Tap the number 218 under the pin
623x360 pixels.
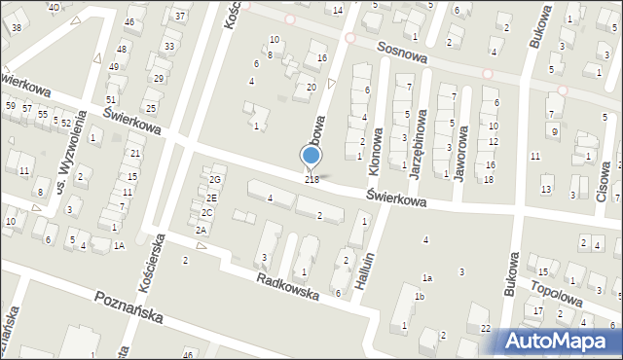[x=311, y=179]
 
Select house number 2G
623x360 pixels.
[x=216, y=180]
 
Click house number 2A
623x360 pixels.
[x=202, y=230]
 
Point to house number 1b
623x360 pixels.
[x=419, y=297]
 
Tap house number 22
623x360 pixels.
[x=485, y=329]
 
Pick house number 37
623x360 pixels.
[x=179, y=17]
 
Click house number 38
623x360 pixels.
[x=17, y=27]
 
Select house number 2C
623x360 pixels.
[x=206, y=213]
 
